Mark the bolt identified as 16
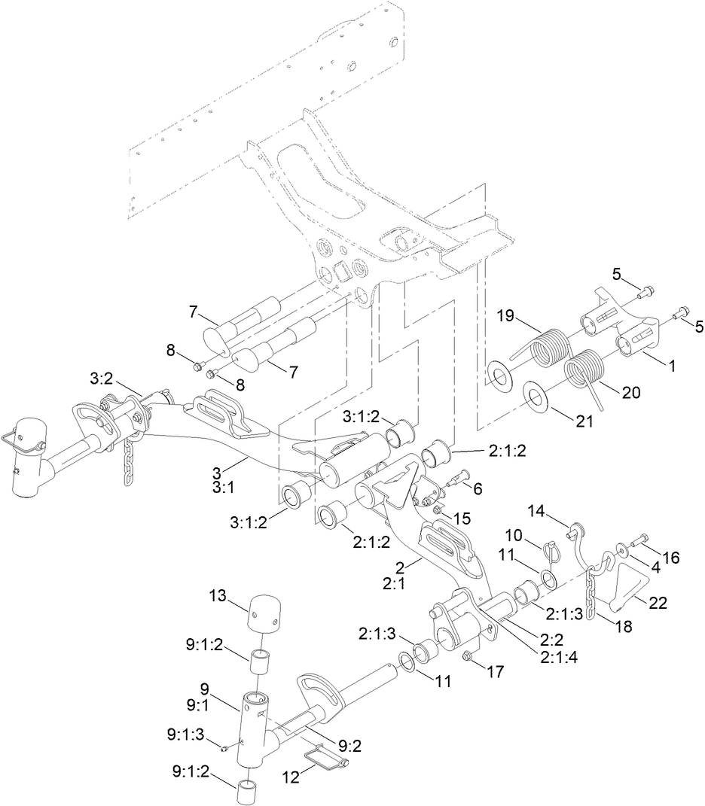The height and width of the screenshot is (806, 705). pos(638,539)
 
